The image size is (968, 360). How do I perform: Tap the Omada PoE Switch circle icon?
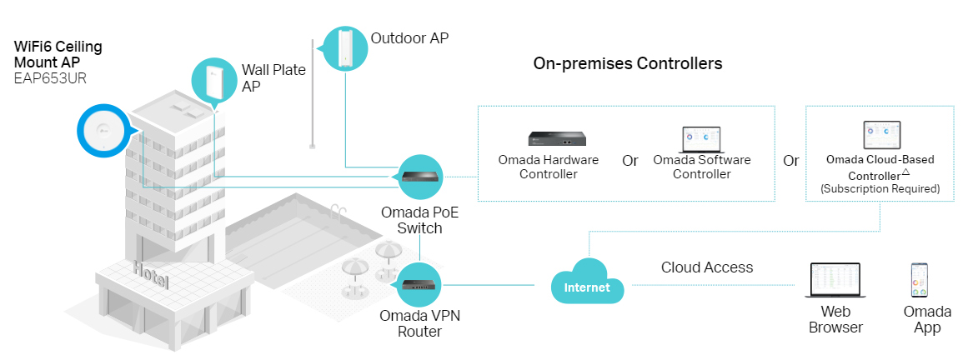point(419,177)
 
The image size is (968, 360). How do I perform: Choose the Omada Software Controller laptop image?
point(701,138)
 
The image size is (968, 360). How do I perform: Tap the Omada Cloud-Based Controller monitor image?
point(880,134)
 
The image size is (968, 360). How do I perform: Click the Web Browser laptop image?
point(835,280)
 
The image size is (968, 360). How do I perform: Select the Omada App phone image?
point(920,281)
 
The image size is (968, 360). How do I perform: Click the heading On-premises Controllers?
point(628,63)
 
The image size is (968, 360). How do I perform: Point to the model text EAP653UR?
point(51,79)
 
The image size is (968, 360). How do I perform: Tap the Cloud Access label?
point(707,267)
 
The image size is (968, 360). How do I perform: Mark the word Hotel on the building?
point(151,274)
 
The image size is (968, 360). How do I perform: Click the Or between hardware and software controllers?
point(630,161)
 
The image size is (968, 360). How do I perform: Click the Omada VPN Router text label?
point(419,323)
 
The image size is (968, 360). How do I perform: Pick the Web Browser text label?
point(835,320)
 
